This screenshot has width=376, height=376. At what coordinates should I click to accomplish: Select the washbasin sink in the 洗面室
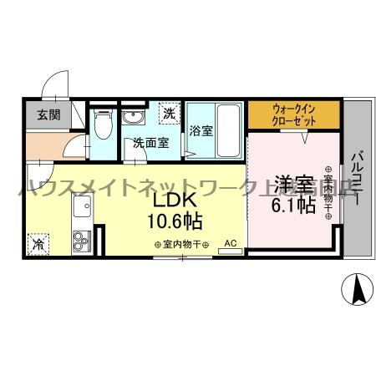pos(133,119)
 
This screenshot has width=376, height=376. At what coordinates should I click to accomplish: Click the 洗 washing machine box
pos(169,113)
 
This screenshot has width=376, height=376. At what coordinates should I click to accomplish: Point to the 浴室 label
pos(200,131)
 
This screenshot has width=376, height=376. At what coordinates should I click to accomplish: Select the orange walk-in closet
pos(293,113)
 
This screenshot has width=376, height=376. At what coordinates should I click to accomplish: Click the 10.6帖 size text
pos(176,221)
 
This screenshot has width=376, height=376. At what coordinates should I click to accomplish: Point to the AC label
pos(231,243)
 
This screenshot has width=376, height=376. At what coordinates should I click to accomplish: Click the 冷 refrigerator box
pos(38,244)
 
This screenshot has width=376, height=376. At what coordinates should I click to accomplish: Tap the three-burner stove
pos(81,242)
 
